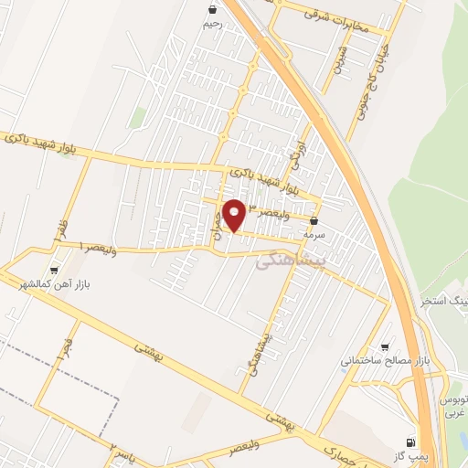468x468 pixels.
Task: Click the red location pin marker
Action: (236, 214)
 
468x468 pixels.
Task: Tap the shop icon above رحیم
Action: (211, 11)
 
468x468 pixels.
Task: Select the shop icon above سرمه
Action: (314, 221)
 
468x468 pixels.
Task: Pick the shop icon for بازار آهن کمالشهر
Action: (54, 271)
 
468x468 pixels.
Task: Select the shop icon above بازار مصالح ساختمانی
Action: (385, 348)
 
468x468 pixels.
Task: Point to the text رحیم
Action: (211, 25)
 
